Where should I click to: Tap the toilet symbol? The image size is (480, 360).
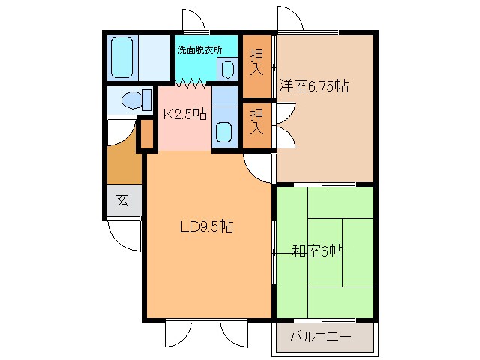[x=129, y=99]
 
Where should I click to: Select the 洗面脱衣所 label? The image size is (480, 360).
[x=199, y=51]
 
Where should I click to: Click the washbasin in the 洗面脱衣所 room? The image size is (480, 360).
[x=228, y=68]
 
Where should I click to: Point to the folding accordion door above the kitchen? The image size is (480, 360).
[x=191, y=80]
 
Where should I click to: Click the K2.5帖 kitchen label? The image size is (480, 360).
[x=184, y=114]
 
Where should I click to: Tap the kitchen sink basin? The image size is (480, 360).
[x=224, y=130]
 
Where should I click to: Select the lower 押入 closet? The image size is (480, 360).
[x=256, y=121]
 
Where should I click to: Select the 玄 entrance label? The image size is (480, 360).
[x=121, y=200]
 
